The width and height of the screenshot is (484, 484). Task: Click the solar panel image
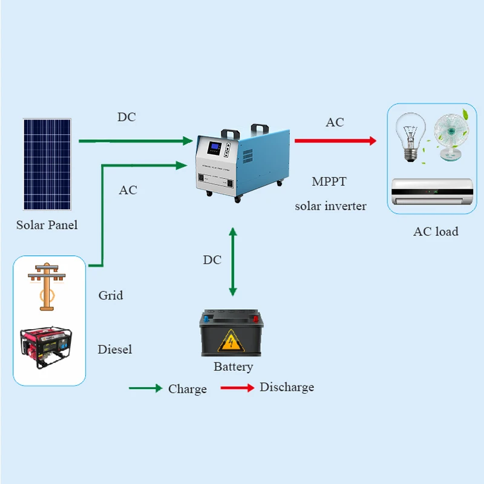click(47, 165)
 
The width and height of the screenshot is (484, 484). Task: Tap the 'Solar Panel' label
click(47, 225)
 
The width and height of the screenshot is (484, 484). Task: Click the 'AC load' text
click(436, 231)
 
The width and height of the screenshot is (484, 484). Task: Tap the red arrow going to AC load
click(335, 141)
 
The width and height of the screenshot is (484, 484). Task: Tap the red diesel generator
click(46, 348)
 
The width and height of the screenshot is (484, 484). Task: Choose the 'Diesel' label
click(114, 349)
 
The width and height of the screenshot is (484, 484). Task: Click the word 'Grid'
click(111, 295)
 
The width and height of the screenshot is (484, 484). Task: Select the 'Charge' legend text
click(188, 389)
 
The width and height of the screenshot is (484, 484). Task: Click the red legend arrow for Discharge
click(237, 388)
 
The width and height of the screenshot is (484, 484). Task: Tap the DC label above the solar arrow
click(126, 117)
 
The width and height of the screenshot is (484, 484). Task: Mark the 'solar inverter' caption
click(330, 206)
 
